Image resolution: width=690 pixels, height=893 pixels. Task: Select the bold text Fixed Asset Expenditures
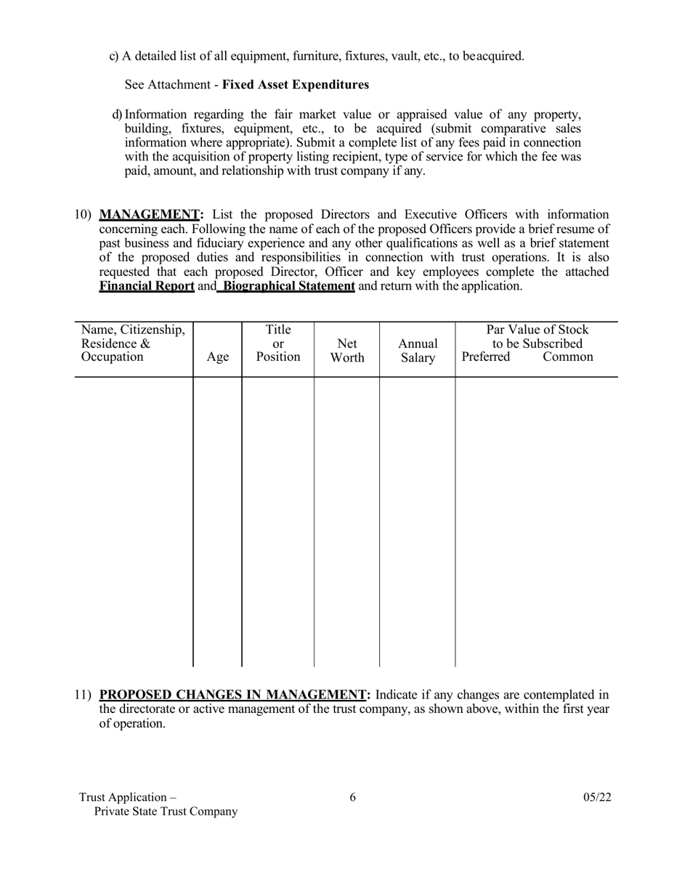tap(295, 85)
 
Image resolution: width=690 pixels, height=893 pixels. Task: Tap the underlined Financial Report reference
tap(147, 286)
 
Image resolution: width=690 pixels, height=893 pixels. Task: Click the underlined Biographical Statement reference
tap(288, 286)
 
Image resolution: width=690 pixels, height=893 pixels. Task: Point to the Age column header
tap(218, 357)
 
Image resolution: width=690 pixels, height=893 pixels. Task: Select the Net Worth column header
tap(347, 350)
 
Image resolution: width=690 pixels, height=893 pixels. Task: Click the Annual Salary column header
tap(418, 350)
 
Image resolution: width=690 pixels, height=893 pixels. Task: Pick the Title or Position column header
tap(277, 343)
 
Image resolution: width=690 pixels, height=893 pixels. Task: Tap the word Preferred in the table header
tap(486, 357)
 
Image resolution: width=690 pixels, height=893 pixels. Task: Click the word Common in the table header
tap(568, 357)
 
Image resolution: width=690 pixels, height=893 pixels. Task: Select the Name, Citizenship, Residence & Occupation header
tap(134, 343)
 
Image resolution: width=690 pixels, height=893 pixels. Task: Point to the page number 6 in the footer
tap(353, 797)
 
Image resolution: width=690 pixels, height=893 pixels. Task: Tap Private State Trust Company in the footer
tap(166, 812)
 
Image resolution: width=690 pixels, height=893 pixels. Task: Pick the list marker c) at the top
tap(114, 56)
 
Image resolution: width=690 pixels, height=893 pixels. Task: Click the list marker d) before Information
tap(118, 115)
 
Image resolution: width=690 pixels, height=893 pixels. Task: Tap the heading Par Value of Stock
tap(537, 330)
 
